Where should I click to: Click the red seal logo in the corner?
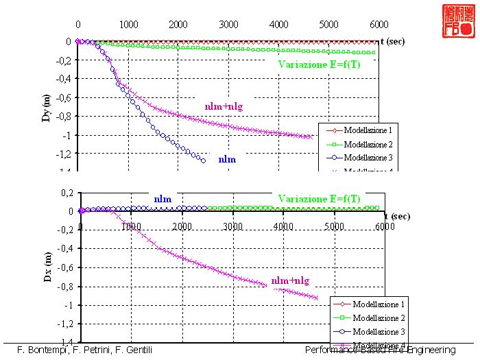coord(458,20)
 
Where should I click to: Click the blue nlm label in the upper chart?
coord(227,159)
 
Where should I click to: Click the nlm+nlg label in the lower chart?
coord(290,280)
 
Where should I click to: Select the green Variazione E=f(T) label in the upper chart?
coord(320,64)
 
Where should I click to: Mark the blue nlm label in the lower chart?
coord(163,199)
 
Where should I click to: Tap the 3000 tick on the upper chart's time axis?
coord(228,24)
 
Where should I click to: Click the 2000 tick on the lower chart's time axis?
coord(182,226)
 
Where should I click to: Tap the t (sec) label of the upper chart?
coord(394,41)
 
